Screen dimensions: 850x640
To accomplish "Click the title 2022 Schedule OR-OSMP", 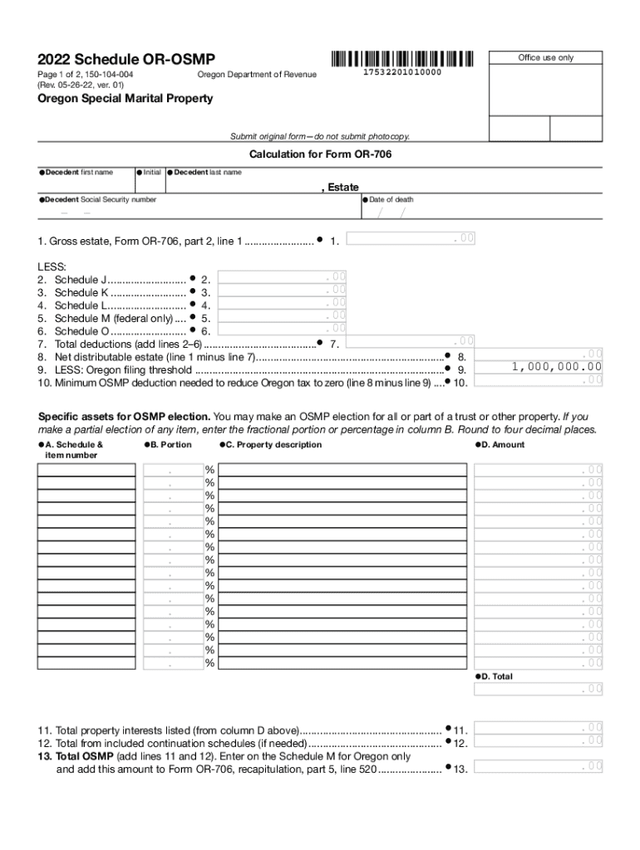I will point(126,59).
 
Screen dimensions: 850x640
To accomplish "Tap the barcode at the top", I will point(401,59).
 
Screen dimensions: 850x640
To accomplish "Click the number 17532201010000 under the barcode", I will point(402,74).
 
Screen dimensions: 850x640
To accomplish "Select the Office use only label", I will point(545,58).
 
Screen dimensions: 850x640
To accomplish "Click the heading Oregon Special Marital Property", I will point(125,98).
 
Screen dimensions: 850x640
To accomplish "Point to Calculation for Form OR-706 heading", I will point(320,154).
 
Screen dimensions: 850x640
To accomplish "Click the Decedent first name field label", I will point(79,173).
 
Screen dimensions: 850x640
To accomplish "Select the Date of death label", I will point(391,200).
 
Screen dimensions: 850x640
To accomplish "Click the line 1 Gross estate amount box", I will point(410,239).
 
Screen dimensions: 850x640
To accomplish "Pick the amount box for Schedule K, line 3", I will point(283,290).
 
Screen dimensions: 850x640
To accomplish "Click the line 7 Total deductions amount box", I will point(410,341).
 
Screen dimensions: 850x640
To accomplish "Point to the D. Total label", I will point(496,677).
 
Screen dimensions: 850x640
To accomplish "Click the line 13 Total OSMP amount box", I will point(539,766).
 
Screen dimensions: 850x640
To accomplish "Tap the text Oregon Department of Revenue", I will point(257,76).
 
